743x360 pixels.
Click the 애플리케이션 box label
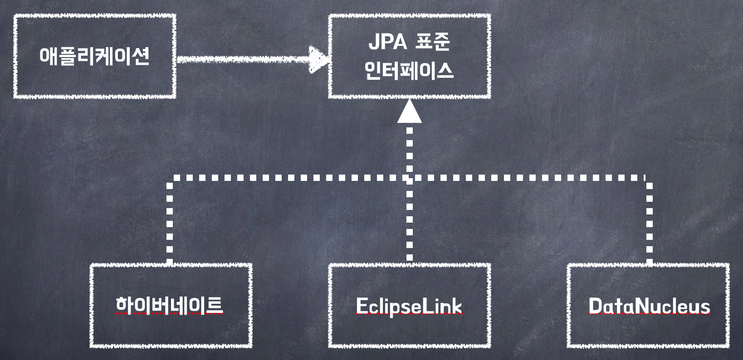click(94, 56)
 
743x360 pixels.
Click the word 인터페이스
click(409, 71)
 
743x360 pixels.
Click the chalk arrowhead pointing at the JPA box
click(319, 59)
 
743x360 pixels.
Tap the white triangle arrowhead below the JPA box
click(410, 112)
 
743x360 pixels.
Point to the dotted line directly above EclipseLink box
click(410, 227)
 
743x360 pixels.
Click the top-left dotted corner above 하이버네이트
click(170, 178)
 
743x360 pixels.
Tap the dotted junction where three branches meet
click(410, 178)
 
